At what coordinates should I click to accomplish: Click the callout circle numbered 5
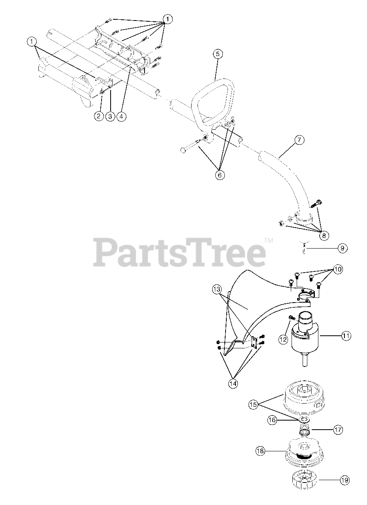coord(218,53)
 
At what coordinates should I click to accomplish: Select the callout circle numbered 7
coord(299,140)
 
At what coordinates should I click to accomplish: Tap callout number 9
coord(342,248)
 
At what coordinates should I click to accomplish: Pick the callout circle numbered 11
coord(346,336)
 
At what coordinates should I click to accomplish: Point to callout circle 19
coord(344,480)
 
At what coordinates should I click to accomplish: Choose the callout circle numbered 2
coord(99,116)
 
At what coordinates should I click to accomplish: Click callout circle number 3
coord(110,116)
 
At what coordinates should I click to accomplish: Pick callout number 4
coord(122,116)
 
